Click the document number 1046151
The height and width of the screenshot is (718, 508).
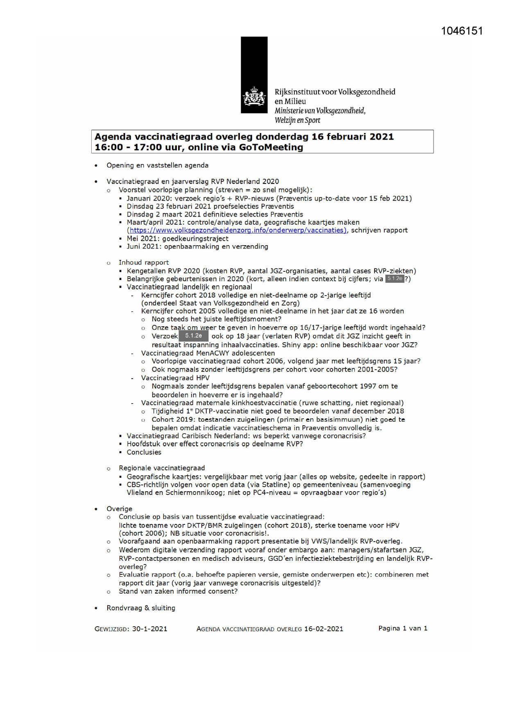coord(462,31)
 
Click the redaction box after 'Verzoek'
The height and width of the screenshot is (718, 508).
coord(193,336)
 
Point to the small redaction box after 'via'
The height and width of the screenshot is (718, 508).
coord(395,279)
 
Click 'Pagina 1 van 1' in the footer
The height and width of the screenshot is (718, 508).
coord(403,628)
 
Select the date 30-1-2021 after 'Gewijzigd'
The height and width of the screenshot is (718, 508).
coord(149,629)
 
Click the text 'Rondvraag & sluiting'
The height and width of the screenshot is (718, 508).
coord(141,608)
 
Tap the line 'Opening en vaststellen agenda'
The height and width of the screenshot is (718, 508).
coord(157,165)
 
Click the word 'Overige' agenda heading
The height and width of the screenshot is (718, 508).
coord(119,509)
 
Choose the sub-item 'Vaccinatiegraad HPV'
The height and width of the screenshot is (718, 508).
coord(175,378)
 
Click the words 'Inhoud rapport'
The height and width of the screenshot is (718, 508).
coord(144,262)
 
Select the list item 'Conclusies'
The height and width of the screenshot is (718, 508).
coord(144,452)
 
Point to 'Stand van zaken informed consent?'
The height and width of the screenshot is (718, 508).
coord(178,592)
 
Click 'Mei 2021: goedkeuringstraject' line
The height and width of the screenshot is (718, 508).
coord(177,239)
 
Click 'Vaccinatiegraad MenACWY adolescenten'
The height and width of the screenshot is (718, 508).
coord(208,353)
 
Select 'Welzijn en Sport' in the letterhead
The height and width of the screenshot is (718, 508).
coord(297,120)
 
